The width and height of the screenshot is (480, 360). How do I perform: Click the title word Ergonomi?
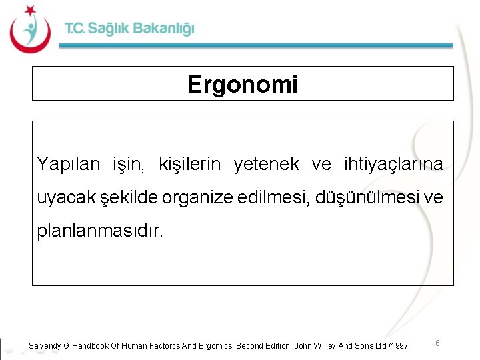(x=243, y=85)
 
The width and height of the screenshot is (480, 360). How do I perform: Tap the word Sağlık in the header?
(x=108, y=29)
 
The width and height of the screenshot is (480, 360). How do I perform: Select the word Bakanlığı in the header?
(x=163, y=29)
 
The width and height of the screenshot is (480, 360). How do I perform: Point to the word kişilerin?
(x=192, y=164)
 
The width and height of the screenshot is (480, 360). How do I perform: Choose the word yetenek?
(x=266, y=164)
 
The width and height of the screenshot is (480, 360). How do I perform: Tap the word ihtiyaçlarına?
(x=393, y=164)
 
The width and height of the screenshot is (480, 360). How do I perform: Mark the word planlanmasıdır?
(x=99, y=232)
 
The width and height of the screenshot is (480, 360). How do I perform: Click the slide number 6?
(x=437, y=343)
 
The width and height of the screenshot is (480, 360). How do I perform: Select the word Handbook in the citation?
(x=92, y=345)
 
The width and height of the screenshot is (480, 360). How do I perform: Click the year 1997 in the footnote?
(x=399, y=345)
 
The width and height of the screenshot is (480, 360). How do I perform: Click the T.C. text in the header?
(x=75, y=29)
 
